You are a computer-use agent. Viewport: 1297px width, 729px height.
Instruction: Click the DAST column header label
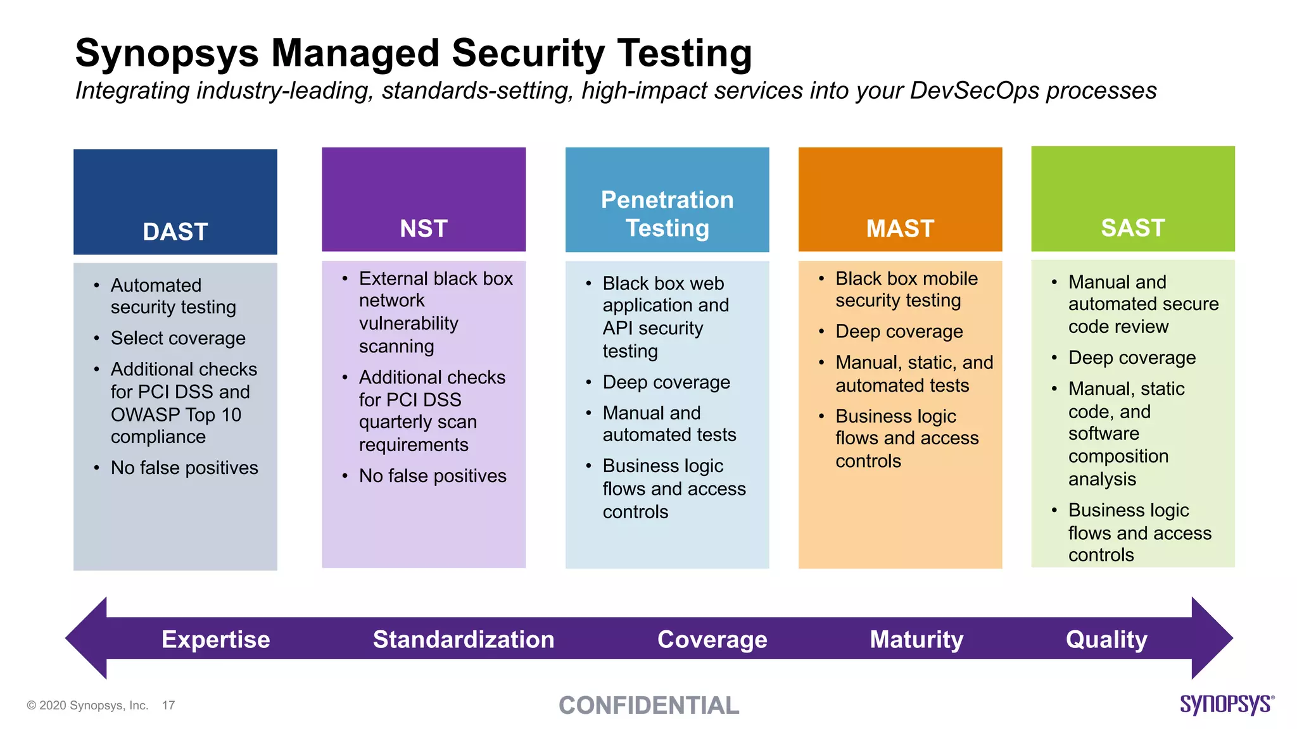[x=175, y=232]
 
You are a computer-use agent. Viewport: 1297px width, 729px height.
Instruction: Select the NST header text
[x=424, y=228]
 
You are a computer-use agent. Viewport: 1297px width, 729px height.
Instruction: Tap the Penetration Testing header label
[x=667, y=214]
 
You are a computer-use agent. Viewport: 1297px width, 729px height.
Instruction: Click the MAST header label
[x=900, y=228]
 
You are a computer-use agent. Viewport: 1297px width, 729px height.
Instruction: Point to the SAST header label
[x=1133, y=228]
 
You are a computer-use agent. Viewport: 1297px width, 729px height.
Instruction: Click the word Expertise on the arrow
[x=215, y=639]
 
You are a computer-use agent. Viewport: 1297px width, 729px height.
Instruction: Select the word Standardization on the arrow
[x=464, y=639]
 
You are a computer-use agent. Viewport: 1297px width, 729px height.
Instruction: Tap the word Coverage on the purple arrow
[x=712, y=639]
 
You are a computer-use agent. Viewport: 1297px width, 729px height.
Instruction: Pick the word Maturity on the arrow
[x=916, y=639]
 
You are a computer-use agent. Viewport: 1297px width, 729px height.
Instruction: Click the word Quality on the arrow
[x=1106, y=639]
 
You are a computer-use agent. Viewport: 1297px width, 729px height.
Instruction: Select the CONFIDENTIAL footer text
[x=648, y=706]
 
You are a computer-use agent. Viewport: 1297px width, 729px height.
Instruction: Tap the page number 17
[x=168, y=705]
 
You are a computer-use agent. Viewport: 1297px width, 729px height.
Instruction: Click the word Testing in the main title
[x=685, y=53]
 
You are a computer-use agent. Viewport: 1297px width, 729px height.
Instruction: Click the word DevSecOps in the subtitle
[x=974, y=90]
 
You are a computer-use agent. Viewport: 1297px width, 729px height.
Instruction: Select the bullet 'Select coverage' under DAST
[x=178, y=338]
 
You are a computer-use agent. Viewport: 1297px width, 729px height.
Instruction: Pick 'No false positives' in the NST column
[x=433, y=476]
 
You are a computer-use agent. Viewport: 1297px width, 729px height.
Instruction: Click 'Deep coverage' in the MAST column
[x=899, y=331]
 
